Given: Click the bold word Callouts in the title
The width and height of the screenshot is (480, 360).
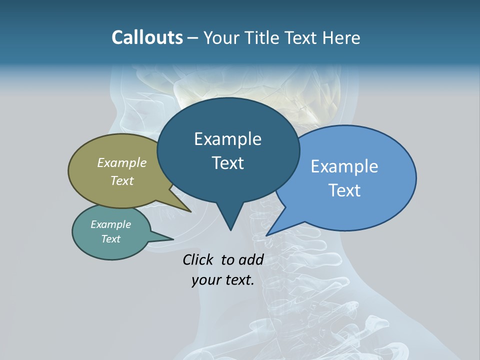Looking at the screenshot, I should (x=147, y=38).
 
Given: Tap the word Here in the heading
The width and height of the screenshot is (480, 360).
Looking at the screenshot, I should (x=340, y=38).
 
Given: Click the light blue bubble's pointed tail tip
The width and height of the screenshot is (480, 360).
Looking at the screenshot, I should (x=267, y=234).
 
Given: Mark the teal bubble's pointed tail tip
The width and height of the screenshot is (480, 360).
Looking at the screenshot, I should (x=173, y=239).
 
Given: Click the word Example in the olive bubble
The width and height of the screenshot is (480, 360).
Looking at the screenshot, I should (x=122, y=162).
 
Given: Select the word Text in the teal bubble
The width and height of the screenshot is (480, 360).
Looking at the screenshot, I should (x=111, y=239).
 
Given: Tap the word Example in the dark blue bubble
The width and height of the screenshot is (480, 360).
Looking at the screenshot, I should (x=227, y=139).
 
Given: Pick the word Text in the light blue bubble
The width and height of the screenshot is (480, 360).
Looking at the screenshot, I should (x=344, y=190).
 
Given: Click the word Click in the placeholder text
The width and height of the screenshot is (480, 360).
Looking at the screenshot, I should (x=197, y=259).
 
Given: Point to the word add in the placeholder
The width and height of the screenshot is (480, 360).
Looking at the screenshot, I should (x=251, y=259).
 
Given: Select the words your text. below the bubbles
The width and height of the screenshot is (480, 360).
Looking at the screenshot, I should (x=223, y=280).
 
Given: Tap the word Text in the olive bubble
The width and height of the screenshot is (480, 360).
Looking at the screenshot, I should (x=122, y=180).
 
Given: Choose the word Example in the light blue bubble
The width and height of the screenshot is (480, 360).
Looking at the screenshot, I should (x=344, y=166).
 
